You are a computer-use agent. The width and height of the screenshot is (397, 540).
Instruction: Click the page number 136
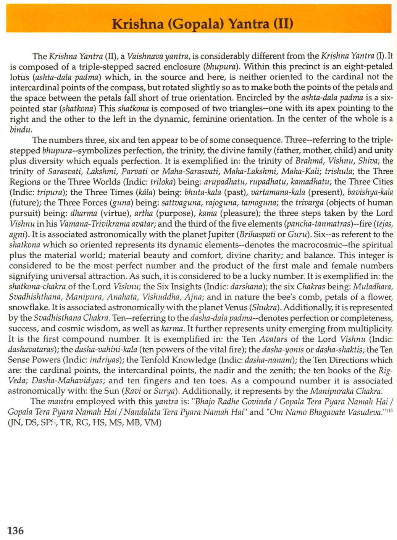tap(16, 530)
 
